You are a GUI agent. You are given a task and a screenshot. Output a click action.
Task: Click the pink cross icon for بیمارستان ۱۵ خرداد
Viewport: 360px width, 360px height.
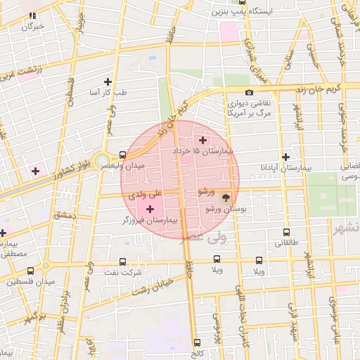[x=204, y=140]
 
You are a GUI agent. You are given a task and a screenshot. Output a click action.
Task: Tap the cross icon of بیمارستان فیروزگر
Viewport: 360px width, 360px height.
[x=150, y=209]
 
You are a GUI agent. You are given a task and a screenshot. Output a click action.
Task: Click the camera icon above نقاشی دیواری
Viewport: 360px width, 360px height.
[x=249, y=93]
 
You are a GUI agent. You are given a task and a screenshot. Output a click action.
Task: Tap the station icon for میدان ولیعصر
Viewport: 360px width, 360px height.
[x=123, y=154]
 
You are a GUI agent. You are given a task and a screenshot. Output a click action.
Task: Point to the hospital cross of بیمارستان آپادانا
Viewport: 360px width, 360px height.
[x=285, y=157]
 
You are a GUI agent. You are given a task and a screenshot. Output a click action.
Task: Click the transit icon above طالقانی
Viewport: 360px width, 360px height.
[x=286, y=232]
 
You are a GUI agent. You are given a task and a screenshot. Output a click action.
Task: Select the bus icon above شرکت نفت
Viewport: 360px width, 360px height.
[x=123, y=261]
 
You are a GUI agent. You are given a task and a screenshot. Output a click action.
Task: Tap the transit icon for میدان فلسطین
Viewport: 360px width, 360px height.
[x=30, y=269]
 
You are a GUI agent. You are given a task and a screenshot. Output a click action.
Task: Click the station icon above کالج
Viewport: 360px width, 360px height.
[x=196, y=343]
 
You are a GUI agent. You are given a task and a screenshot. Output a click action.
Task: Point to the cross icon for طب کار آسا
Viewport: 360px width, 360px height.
[x=108, y=82]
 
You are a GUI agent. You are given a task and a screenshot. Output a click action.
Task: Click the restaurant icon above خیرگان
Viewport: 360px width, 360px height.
[x=32, y=15]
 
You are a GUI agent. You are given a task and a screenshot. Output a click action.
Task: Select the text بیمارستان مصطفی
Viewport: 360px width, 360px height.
[x=14, y=248]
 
